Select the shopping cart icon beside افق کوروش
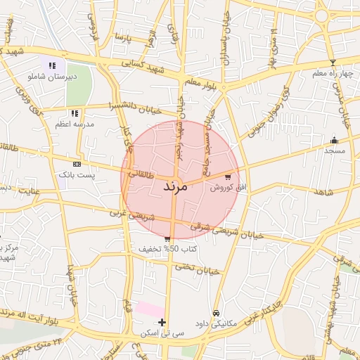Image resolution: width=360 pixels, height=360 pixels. coord(228,176)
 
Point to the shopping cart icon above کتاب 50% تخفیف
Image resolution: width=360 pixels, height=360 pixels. coord(167,239)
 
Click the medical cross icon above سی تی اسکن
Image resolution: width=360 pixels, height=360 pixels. coord(162,323)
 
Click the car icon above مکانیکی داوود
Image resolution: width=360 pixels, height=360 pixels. coord(216,313)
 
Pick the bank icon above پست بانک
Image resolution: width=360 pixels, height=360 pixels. coord(76,163)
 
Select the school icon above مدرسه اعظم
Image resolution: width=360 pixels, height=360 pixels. coord(75,113)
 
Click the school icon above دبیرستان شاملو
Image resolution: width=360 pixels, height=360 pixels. coord(51,65)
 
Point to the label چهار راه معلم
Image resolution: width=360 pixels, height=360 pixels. coord(333,73)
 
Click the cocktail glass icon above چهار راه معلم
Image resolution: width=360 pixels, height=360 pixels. coord(333,63)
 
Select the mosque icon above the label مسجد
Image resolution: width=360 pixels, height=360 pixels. coord(333,140)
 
